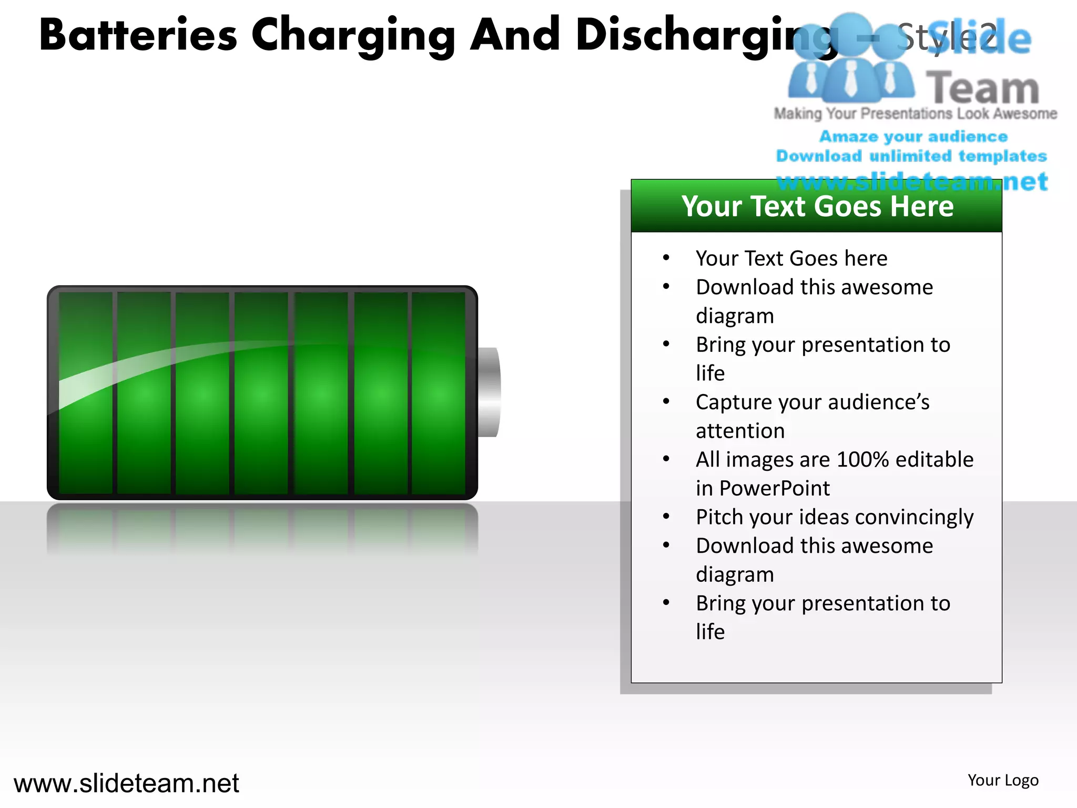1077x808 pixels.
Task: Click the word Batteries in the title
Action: pos(138,35)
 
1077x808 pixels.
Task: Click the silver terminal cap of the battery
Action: pos(489,392)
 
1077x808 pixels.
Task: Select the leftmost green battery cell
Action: pos(86,392)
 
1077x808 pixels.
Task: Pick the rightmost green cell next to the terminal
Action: pos(438,392)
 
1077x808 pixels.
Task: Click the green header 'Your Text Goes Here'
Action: pos(817,206)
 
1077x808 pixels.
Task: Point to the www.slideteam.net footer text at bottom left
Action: pos(126,783)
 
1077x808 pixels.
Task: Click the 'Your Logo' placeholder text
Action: pos(1003,780)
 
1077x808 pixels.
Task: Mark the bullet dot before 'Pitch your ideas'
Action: pos(666,517)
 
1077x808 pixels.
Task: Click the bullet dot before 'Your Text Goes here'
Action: pos(666,258)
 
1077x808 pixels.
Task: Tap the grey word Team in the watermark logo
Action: pos(982,88)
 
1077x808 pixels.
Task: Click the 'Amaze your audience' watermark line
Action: pos(913,136)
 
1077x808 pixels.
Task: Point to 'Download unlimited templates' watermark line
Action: pos(911,156)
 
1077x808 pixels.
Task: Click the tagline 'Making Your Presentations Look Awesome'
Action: pos(915,114)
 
